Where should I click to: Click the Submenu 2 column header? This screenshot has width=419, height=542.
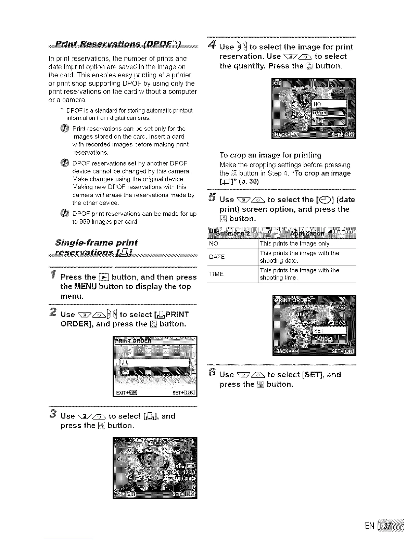233,233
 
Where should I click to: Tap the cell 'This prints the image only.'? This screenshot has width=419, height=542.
295,244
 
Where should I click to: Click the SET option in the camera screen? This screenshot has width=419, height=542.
319,331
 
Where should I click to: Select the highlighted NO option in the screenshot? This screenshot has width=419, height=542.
329,104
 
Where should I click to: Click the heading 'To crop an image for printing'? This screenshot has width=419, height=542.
270,155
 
